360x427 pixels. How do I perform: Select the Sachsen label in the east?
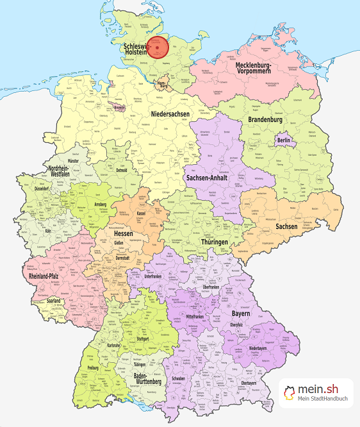[x=286, y=226]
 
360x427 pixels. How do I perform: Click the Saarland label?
[x=53, y=301]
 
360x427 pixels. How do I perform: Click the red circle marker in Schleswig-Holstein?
[x=157, y=49]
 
